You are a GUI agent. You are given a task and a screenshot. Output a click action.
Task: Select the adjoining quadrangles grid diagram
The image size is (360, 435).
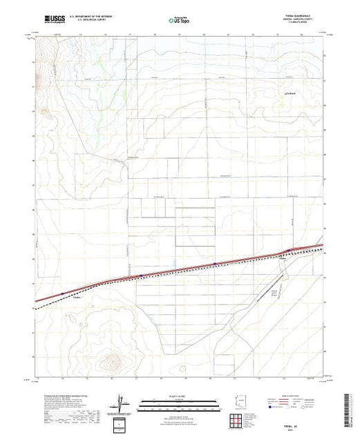coord(242,417)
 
